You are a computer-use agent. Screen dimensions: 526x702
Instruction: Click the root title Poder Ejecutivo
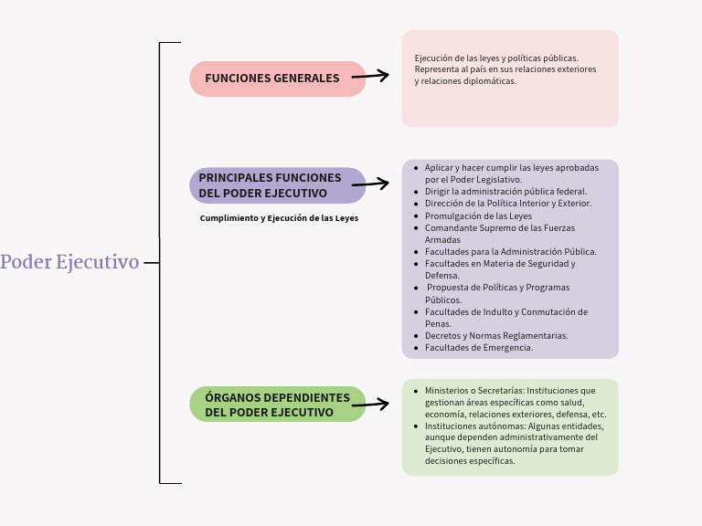pos(69,262)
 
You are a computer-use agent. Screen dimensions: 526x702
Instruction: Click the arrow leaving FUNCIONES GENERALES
pos(370,77)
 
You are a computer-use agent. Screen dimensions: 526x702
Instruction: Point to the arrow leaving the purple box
pos(370,184)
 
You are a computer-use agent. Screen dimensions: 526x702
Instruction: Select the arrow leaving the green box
pos(370,403)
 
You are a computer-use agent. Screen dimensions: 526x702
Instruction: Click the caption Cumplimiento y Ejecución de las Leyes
pos(279,218)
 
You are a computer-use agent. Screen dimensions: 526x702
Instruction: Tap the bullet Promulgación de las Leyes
pos(478,216)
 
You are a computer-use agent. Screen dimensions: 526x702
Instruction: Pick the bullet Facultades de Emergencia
pos(479,348)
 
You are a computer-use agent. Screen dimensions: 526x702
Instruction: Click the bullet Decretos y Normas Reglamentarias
pos(496,336)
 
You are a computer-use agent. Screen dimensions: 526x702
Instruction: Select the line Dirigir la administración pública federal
pos(505,192)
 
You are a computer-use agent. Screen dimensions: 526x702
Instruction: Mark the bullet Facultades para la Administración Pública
pos(510,252)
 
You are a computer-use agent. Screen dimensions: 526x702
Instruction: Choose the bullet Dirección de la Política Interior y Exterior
pos(508,204)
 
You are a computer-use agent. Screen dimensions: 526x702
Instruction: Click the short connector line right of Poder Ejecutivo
pos(151,262)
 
